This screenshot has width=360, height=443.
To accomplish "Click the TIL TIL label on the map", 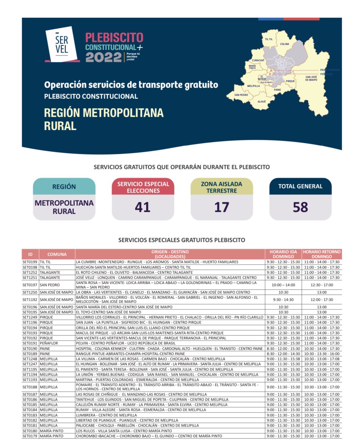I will [x=268, y=39].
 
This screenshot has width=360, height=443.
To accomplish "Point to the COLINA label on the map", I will [x=284, y=44].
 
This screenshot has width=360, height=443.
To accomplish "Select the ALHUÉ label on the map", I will [x=262, y=102].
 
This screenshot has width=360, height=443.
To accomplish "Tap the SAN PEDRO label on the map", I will [x=241, y=95].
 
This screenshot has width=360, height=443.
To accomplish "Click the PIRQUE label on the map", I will [x=290, y=81].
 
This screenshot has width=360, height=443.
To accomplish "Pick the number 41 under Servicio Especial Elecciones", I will [x=143, y=207].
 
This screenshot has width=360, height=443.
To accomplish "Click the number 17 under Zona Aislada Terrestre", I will [x=221, y=207].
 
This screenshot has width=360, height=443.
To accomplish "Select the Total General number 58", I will [x=300, y=207].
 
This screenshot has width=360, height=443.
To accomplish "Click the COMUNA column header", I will [x=57, y=254].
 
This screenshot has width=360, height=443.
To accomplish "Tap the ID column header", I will [x=30, y=254].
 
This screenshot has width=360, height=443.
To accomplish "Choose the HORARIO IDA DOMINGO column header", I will [x=283, y=254].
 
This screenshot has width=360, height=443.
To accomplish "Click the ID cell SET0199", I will [x=30, y=262].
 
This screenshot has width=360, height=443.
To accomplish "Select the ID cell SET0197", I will [x=30, y=285].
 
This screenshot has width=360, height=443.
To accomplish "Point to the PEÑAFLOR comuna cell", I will [x=49, y=343].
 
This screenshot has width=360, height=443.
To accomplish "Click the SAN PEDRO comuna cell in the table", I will [x=50, y=285].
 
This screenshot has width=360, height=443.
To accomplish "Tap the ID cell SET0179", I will [x=30, y=436].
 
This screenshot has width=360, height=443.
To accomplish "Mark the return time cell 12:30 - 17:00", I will [x=322, y=285].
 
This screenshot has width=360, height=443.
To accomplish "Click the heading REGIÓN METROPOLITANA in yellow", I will [x=104, y=113].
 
